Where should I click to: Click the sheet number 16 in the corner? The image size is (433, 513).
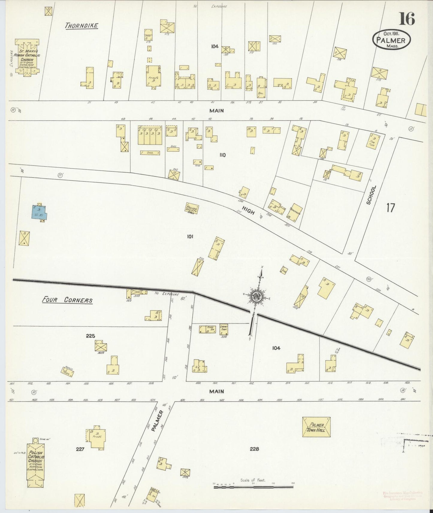(x=407, y=19)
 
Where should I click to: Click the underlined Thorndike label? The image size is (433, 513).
(x=82, y=26)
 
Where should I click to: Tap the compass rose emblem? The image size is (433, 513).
(x=257, y=297)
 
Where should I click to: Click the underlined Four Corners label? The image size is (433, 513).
(x=67, y=300)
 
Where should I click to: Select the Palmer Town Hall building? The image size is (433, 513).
(x=316, y=427)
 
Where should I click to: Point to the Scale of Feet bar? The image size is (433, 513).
(x=253, y=487)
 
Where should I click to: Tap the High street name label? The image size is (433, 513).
(x=248, y=212)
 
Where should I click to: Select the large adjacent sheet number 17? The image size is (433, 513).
(x=390, y=208)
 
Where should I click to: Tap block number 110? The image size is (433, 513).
(x=222, y=155)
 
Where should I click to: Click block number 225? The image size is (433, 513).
(x=90, y=336)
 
